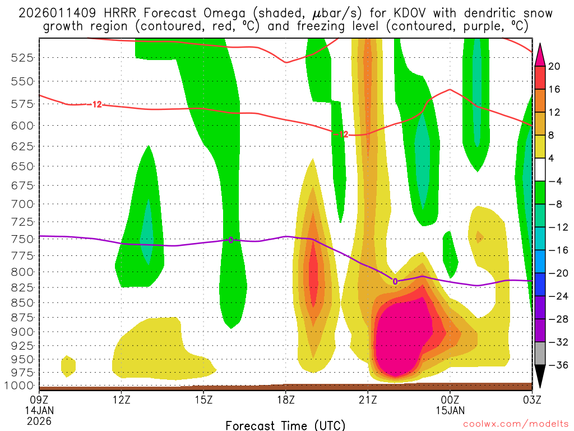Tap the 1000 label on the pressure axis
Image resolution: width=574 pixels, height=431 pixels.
click(x=22, y=386)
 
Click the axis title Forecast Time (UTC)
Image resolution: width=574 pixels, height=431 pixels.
click(x=285, y=425)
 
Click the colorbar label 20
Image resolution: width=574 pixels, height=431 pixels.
click(x=554, y=66)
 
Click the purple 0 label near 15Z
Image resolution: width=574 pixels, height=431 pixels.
click(x=230, y=240)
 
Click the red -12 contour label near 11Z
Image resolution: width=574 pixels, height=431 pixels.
click(x=96, y=104)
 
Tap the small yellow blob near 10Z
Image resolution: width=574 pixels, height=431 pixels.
click(x=68, y=365)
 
